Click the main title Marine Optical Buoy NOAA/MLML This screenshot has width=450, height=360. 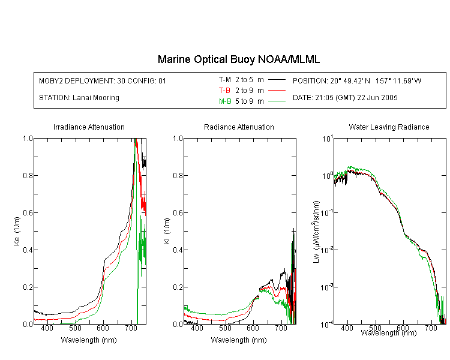pyautogui.click(x=238, y=59)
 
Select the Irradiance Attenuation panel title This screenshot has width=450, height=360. pyautogui.click(x=89, y=127)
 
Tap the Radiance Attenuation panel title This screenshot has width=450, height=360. pyautogui.click(x=239, y=127)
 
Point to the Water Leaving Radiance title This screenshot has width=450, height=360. pyautogui.click(x=389, y=127)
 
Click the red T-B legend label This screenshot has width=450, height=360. pyautogui.click(x=224, y=91)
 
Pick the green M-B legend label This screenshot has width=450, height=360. pyautogui.click(x=225, y=101)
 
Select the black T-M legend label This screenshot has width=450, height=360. pyautogui.click(x=225, y=80)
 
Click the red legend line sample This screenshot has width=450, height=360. pyautogui.click(x=277, y=91)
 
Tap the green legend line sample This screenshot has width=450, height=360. pyautogui.click(x=277, y=101)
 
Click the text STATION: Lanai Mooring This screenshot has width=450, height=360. pyautogui.click(x=79, y=98)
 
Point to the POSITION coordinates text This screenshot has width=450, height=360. pyautogui.click(x=357, y=80)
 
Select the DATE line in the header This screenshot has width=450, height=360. pyautogui.click(x=345, y=98)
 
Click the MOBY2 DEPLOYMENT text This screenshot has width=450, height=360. pyautogui.click(x=103, y=80)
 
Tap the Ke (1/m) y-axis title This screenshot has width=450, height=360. pyautogui.click(x=17, y=231)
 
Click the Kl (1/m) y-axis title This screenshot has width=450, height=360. pyautogui.click(x=167, y=231)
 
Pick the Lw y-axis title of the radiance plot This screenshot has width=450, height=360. pyautogui.click(x=316, y=232)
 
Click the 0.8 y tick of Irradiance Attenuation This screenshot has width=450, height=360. pyautogui.click(x=28, y=175)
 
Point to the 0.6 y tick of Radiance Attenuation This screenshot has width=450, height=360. pyautogui.click(x=178, y=213)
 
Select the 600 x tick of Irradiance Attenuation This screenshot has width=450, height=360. pyautogui.click(x=103, y=328)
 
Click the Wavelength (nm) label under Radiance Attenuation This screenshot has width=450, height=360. pyautogui.click(x=239, y=340)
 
